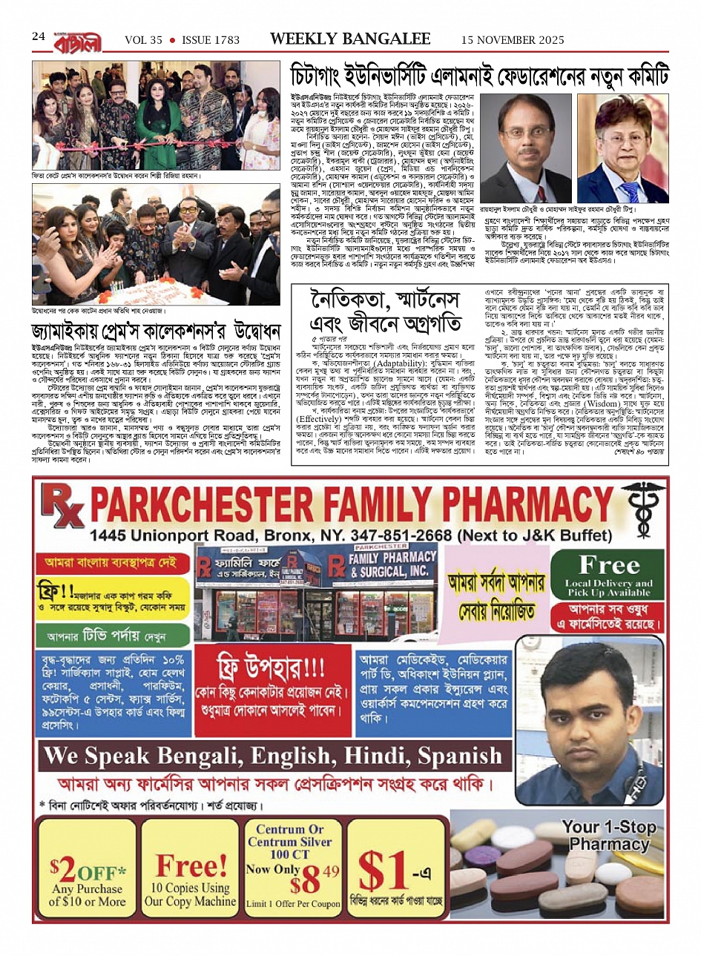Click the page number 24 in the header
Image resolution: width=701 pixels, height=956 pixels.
tap(39, 37)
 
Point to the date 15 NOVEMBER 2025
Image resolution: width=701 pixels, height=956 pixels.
tap(513, 40)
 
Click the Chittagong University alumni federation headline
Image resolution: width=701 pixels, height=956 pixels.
tap(479, 77)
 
